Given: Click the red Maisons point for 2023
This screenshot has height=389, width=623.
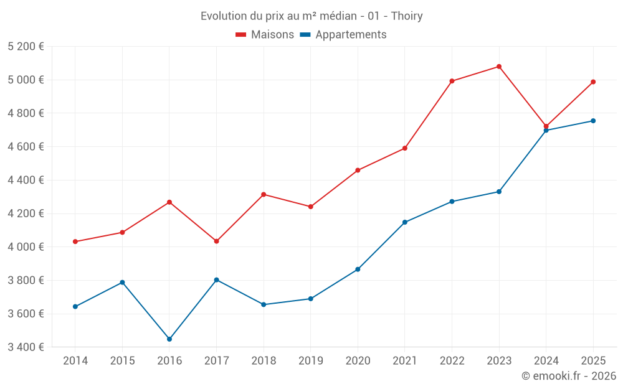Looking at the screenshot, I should click(499, 67).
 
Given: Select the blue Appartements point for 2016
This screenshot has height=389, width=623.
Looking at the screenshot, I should click(169, 339).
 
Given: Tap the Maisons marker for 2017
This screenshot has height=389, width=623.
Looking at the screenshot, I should click(216, 241).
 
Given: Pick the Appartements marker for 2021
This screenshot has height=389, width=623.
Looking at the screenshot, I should click(405, 222).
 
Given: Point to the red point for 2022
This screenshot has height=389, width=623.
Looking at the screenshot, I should click(452, 81).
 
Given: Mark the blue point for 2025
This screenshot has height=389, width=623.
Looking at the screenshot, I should click(593, 121).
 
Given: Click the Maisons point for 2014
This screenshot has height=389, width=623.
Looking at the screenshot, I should click(75, 241).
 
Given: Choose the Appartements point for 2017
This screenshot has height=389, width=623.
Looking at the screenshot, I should click(216, 280).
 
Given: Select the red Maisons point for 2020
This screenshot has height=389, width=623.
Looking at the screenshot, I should click(358, 170).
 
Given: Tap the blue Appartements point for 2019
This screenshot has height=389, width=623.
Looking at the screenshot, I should click(310, 299).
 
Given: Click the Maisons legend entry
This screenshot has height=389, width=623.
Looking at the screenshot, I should click(265, 35).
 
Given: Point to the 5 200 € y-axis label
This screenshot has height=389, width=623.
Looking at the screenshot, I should click(26, 47).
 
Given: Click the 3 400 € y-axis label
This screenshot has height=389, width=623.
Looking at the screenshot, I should click(26, 347).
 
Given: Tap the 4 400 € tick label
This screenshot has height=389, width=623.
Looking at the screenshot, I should click(26, 180).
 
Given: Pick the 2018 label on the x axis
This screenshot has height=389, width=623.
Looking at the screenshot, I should click(264, 361).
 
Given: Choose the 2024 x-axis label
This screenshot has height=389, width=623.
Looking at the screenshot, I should click(546, 361).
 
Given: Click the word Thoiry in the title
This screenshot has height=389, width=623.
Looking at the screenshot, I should click(407, 16).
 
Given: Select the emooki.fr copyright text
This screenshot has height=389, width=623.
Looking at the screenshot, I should click(569, 376).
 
